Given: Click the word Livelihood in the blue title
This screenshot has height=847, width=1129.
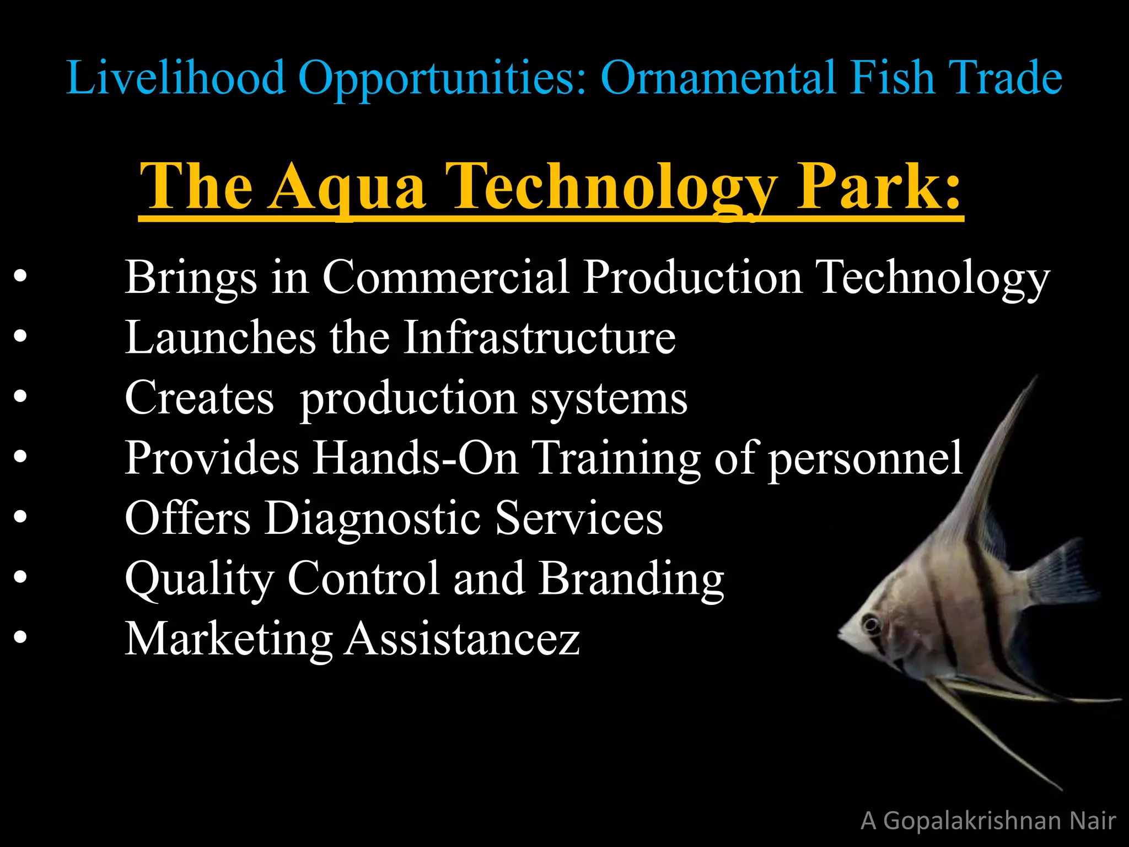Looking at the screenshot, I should point(175,78).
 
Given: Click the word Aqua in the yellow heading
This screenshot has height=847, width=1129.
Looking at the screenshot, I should point(348,187).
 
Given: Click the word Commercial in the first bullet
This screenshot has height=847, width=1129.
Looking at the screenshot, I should point(445,277).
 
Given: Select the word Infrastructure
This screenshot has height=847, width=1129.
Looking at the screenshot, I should point(539,337).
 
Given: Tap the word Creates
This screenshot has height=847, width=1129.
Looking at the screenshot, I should point(199,398).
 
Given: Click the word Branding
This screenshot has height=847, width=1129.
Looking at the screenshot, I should point(631,579).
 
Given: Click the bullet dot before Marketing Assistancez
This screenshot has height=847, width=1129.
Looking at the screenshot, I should point(20,637).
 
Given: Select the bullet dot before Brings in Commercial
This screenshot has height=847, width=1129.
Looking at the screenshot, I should point(20,276).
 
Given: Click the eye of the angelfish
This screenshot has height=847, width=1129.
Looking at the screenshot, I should point(872,625).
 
